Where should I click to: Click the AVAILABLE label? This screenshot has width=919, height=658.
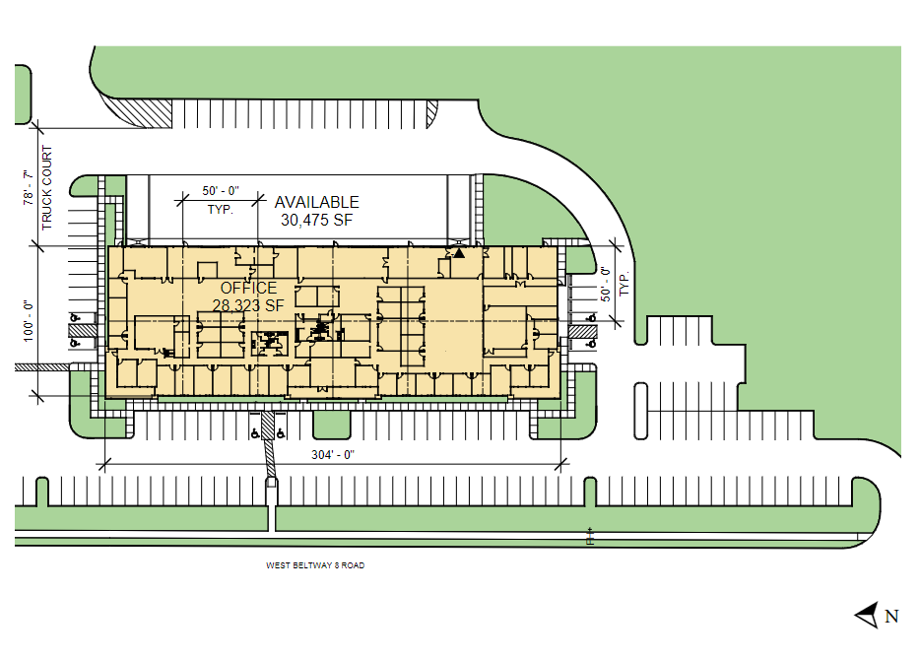tap(316, 202)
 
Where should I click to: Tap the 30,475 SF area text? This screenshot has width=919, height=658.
tap(316, 221)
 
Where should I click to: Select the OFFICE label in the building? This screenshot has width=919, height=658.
tap(248, 288)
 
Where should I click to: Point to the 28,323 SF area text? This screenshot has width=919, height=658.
tap(248, 305)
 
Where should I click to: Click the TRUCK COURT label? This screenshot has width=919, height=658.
tap(47, 187)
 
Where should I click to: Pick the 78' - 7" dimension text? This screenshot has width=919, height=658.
tap(29, 187)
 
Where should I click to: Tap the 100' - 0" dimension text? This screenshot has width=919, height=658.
tap(29, 321)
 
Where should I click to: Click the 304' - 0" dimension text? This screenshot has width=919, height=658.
tap(333, 455)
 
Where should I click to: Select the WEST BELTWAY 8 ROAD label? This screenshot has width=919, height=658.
tap(315, 565)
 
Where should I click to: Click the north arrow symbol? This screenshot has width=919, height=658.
tap(868, 616)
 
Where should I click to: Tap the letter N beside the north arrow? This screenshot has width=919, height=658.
tap(891, 617)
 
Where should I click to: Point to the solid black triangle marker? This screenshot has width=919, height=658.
tap(459, 253)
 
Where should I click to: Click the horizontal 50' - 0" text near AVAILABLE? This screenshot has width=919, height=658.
tap(221, 191)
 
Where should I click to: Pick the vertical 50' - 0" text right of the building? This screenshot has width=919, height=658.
tap(606, 285)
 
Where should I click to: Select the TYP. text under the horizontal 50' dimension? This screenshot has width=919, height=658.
tap(221, 209)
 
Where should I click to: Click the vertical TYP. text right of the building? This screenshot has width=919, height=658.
tap(624, 283)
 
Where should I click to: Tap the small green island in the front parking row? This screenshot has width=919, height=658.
tap(332, 425)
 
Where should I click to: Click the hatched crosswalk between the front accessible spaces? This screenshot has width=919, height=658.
tap(267, 426)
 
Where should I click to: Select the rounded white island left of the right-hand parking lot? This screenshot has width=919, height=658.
tap(640, 411)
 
